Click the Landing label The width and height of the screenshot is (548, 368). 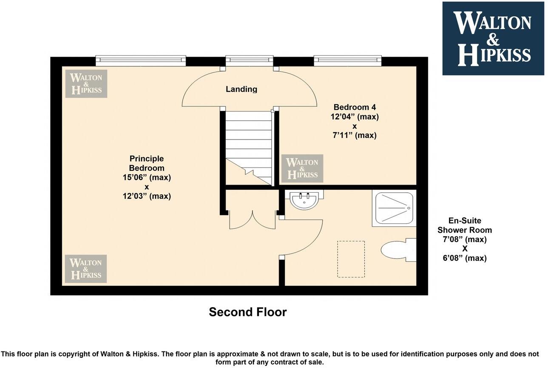tap(241, 89)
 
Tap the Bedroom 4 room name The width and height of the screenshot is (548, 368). tap(354, 107)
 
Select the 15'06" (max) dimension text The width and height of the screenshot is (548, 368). tap(146, 177)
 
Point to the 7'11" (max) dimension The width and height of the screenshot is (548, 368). tap(354, 135)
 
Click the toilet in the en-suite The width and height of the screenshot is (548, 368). tap(398, 250)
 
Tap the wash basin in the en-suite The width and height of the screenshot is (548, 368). tap(304, 200)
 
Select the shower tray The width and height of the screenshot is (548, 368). tap(393, 208)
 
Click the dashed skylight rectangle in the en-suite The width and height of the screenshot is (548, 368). tap(351, 259)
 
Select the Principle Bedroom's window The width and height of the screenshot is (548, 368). tap(141, 61)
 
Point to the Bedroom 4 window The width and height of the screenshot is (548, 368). tap(347, 61)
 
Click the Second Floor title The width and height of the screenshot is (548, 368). tap(247, 312)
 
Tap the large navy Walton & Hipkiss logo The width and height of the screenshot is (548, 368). tap(493, 39)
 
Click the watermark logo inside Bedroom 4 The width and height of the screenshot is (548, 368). tap(302, 168)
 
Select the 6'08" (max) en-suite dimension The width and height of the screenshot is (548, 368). tap(465, 258)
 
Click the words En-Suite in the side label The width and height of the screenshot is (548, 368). tap(465, 221)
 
